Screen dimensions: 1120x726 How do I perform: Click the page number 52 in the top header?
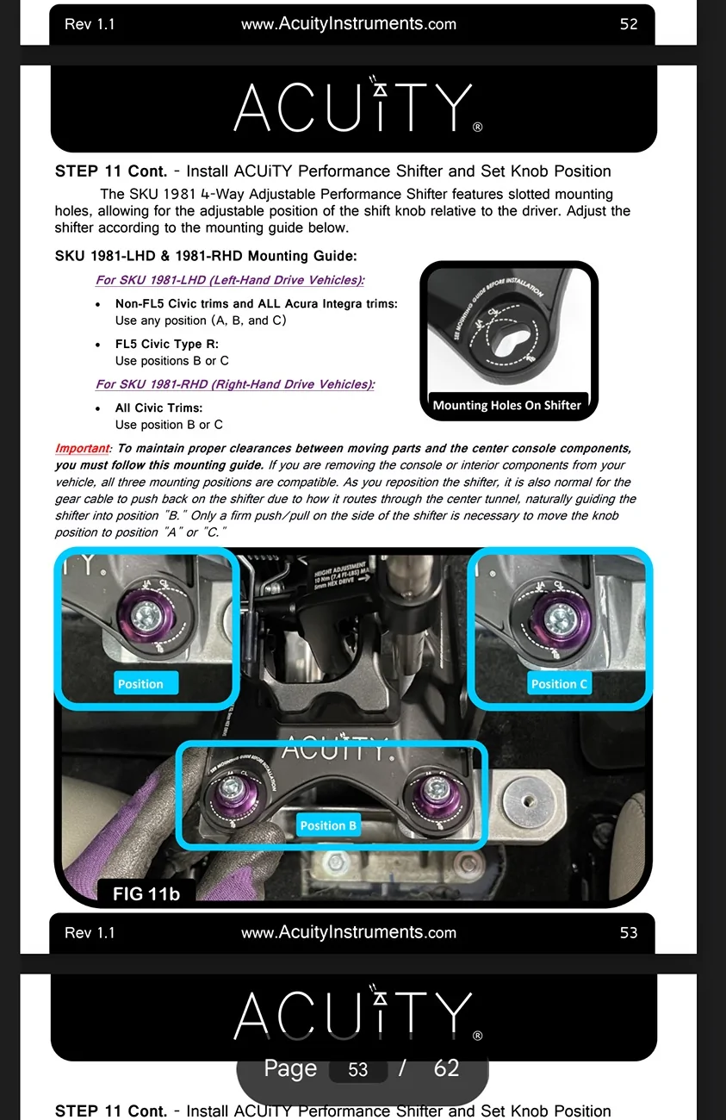(629, 24)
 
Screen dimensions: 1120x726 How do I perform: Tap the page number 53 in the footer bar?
(629, 932)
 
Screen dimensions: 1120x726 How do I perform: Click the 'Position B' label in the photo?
(327, 825)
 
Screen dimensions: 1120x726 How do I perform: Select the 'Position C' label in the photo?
(559, 684)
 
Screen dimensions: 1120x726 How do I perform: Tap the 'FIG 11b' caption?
(146, 893)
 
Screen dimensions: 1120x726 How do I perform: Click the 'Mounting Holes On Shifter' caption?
(506, 405)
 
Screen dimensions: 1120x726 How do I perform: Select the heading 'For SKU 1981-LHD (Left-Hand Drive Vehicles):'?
(230, 280)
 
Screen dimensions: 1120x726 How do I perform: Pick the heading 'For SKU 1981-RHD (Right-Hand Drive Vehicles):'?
(235, 384)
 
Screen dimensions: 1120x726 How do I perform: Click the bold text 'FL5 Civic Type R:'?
(167, 344)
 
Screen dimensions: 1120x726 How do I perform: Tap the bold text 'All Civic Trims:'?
(158, 408)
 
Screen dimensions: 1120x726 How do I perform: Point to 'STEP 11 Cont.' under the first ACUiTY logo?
(110, 171)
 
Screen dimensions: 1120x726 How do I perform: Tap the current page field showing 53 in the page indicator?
(357, 1070)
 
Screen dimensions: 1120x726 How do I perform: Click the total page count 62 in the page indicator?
(446, 1068)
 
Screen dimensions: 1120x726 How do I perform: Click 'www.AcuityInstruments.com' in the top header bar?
(348, 24)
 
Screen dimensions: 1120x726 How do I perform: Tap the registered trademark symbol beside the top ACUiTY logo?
(478, 128)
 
